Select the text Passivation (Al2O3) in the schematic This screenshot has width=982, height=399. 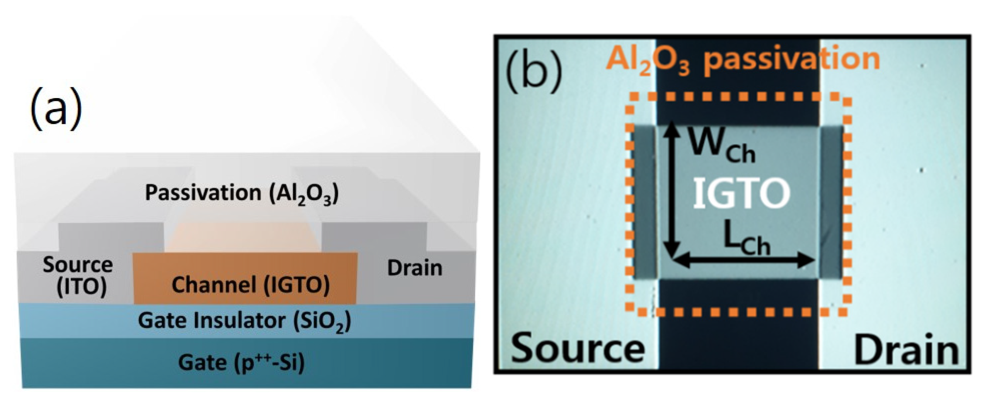[242, 193]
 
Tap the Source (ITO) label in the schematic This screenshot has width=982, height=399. [78, 275]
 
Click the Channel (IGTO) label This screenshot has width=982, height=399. [251, 285]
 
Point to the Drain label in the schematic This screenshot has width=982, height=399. [414, 268]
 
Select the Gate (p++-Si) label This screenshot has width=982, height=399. [241, 362]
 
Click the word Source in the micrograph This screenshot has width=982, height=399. [578, 349]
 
